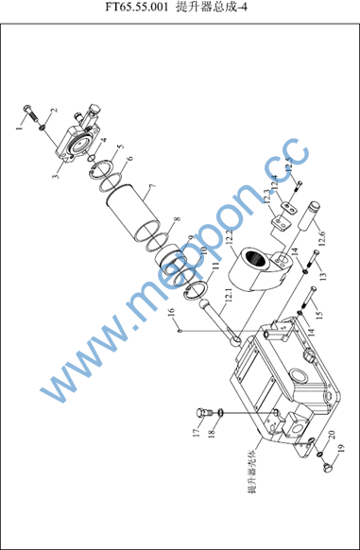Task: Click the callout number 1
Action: pyautogui.click(x=20, y=128)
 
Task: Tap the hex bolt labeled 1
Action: pyautogui.click(x=31, y=112)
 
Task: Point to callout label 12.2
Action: pyautogui.click(x=230, y=237)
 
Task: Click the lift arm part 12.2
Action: pyautogui.click(x=259, y=268)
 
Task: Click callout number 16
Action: pyautogui.click(x=171, y=312)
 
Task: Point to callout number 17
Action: pyautogui.click(x=197, y=433)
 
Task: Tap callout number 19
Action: pyautogui.click(x=341, y=448)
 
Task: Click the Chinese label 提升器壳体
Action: pyautogui.click(x=252, y=472)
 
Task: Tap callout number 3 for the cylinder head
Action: pyautogui.click(x=56, y=174)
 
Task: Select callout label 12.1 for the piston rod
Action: pyautogui.click(x=229, y=296)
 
